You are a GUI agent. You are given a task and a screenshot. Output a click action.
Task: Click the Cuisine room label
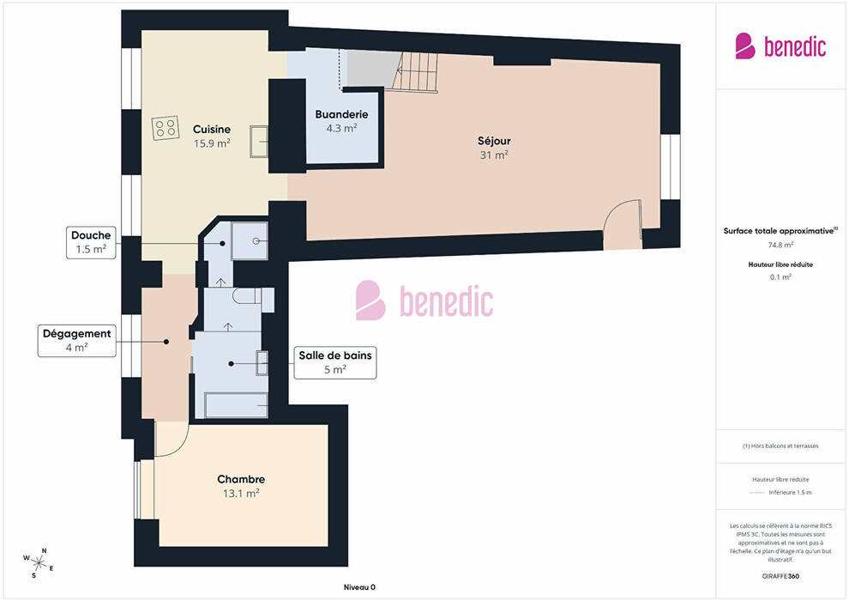pyautogui.click(x=212, y=130)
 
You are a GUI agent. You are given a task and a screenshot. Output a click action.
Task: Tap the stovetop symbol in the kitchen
pyautogui.click(x=166, y=128)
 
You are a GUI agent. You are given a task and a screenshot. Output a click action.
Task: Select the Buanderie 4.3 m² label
pyautogui.click(x=341, y=121)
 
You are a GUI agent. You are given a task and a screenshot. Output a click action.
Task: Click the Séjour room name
pyautogui.click(x=494, y=141)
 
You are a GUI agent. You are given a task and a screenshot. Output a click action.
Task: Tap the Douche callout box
pyautogui.click(x=91, y=242)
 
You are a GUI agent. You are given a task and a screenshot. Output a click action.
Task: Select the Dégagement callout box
pyautogui.click(x=77, y=340)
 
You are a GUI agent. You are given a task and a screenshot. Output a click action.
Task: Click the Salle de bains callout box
pyautogui.click(x=335, y=362)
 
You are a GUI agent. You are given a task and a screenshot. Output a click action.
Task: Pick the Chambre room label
pyautogui.click(x=241, y=480)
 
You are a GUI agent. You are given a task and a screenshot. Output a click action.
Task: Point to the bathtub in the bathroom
pyautogui.click(x=237, y=405)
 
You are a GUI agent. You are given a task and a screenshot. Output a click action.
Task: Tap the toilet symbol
pyautogui.click(x=253, y=296)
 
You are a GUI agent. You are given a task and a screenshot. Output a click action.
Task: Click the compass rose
pyautogui.click(x=39, y=563)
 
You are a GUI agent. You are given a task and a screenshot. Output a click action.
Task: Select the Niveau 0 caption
pyautogui.click(x=359, y=587)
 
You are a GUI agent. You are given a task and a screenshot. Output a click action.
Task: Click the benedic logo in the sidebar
pyautogui.click(x=780, y=46)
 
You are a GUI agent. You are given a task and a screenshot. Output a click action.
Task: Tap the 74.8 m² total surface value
pyautogui.click(x=780, y=245)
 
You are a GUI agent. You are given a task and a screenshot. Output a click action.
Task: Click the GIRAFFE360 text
pyautogui.click(x=780, y=576)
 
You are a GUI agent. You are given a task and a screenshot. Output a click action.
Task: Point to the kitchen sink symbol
pyautogui.click(x=259, y=142)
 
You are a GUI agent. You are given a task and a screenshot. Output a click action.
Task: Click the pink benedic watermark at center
pyautogui.click(x=424, y=300)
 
